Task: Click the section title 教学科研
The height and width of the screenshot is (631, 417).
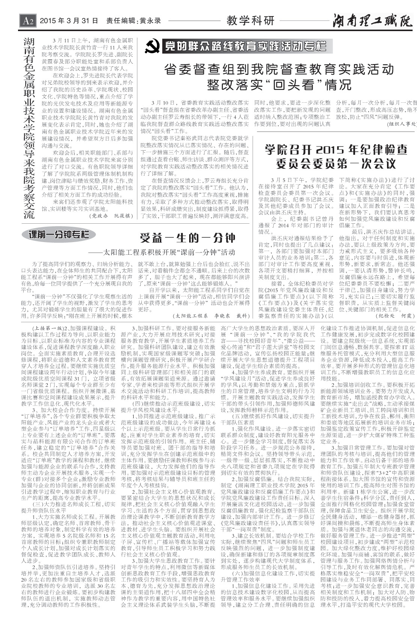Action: tap(250, 21)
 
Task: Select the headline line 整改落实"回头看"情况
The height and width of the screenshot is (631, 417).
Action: tap(279, 85)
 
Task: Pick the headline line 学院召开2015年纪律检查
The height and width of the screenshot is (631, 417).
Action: tap(336, 150)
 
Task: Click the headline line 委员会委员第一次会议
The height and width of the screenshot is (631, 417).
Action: tap(336, 164)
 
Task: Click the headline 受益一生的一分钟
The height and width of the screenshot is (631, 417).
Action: tap(188, 238)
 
